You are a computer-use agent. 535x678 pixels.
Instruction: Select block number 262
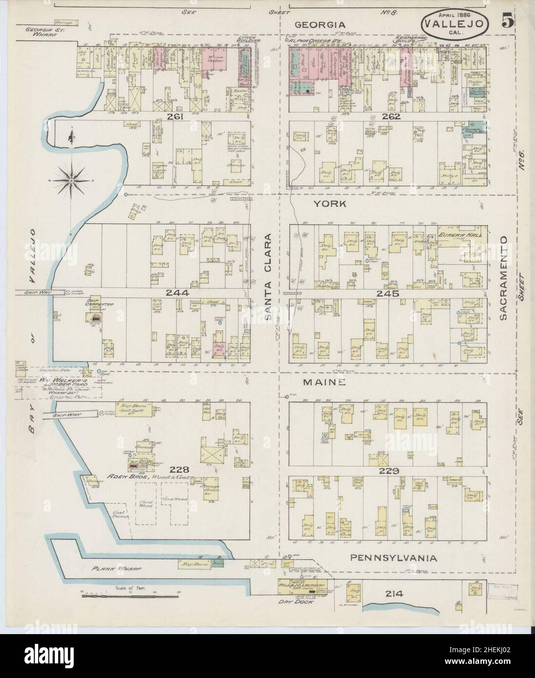tap(391, 117)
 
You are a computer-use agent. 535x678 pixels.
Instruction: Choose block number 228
tap(180, 470)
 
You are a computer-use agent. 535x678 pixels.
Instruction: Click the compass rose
tap(71, 180)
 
